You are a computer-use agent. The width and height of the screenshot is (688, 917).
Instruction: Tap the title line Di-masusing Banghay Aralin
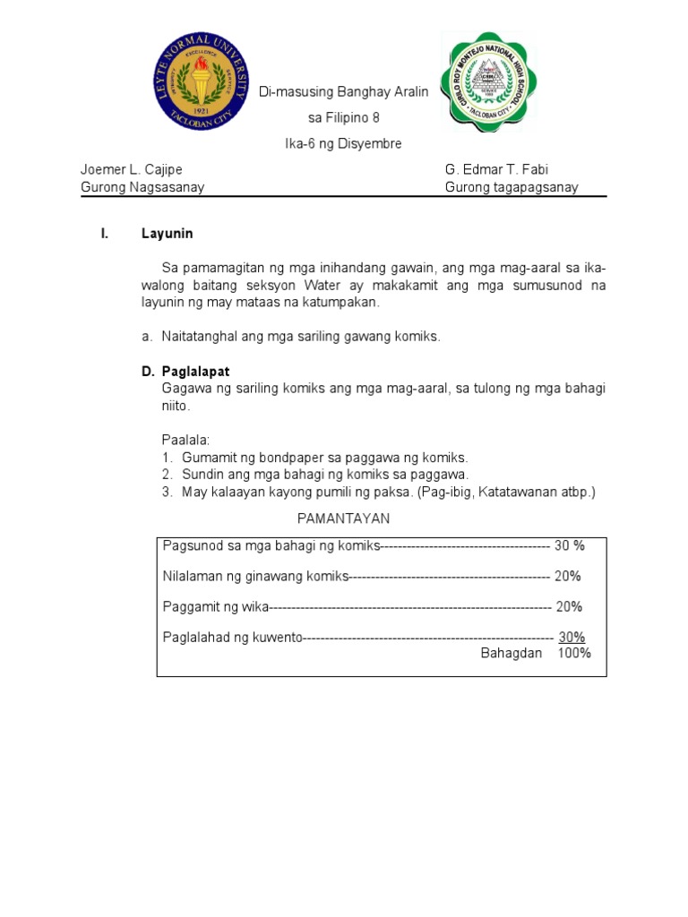(x=343, y=92)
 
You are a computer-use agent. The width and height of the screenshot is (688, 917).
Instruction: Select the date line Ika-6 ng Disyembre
(x=343, y=143)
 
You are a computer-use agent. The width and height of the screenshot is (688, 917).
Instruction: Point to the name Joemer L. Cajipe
(x=131, y=169)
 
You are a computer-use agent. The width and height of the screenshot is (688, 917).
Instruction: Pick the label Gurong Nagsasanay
(x=142, y=187)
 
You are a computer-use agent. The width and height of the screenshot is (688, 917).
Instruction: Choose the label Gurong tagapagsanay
(x=512, y=187)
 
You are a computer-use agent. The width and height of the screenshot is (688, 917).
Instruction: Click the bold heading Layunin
(x=167, y=235)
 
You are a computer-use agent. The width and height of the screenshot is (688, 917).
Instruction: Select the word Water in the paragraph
(x=349, y=286)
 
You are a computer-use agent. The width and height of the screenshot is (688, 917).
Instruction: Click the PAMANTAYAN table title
(x=343, y=519)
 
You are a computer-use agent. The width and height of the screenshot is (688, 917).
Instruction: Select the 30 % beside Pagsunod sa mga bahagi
(x=569, y=545)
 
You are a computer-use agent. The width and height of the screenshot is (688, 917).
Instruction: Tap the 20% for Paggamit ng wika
(x=569, y=606)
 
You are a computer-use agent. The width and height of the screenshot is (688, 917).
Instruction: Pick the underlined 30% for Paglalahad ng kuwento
(x=572, y=637)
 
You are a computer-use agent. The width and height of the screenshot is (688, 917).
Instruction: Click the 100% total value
(x=574, y=653)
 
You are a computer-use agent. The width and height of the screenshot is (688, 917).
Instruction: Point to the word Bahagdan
(x=512, y=653)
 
